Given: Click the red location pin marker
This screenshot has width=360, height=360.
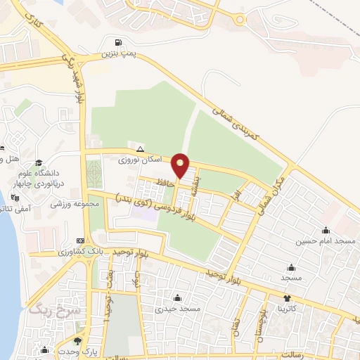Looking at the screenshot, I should click(x=181, y=166).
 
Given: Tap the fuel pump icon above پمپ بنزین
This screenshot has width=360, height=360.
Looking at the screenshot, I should click(x=125, y=41).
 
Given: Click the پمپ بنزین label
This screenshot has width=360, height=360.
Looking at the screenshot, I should click(x=116, y=53).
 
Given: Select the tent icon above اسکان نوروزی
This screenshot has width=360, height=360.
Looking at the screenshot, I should click(x=141, y=149).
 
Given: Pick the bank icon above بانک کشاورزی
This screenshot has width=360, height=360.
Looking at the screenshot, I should click(x=69, y=240).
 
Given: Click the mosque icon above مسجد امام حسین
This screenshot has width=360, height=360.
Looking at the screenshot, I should click(x=326, y=230).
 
